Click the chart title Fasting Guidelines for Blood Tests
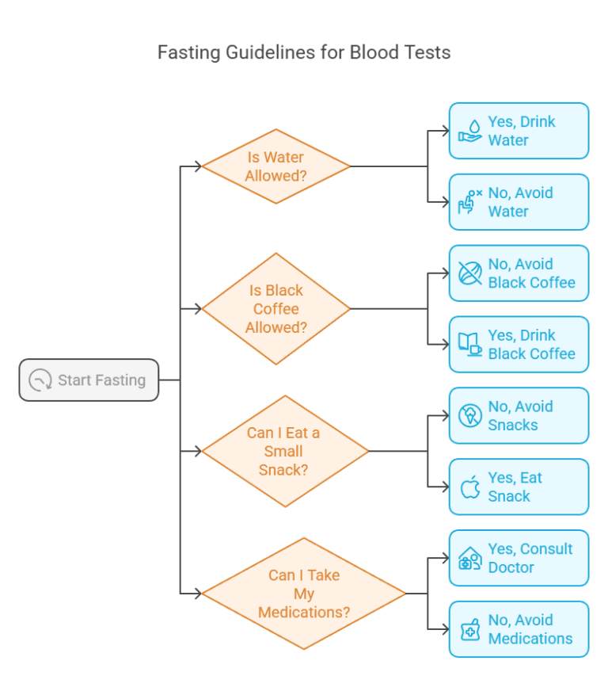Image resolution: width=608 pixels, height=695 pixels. tap(304, 53)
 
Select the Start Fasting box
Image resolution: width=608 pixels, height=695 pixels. tap(89, 380)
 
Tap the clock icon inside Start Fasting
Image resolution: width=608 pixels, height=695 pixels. tap(40, 380)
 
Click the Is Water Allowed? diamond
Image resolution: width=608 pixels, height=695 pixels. tap(275, 166)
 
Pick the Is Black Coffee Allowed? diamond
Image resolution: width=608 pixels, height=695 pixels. tap(275, 309)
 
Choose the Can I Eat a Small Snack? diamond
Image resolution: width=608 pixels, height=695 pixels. tap(284, 451)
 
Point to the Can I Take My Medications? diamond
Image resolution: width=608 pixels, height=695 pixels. tap(303, 594)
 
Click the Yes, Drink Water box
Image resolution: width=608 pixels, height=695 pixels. tap(519, 131)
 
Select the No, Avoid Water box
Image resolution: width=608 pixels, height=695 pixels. tap(519, 202)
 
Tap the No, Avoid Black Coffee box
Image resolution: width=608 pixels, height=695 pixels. tap(519, 273)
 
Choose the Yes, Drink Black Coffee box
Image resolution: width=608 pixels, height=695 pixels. tap(519, 345)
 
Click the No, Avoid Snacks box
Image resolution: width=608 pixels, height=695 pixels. tap(519, 415)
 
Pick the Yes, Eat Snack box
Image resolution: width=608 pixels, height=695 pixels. tap(519, 487)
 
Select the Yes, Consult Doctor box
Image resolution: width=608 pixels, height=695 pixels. tap(519, 558)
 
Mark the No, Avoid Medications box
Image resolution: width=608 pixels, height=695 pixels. tap(519, 629)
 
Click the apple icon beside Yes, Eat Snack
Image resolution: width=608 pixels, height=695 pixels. tap(471, 487)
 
